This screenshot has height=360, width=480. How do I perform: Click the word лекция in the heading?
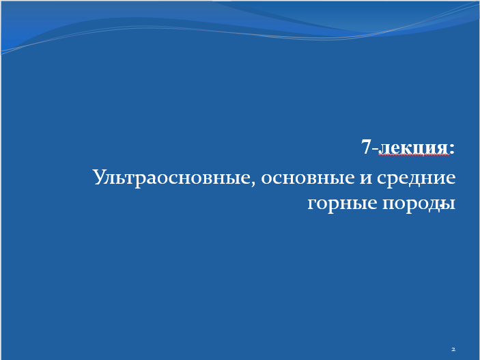click(x=414, y=148)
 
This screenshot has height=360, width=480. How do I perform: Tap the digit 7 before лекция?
click(x=367, y=146)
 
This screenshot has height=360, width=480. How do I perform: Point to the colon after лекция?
click(x=452, y=149)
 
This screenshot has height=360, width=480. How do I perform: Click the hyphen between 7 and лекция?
click(x=376, y=149)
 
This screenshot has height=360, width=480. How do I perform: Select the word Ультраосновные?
click(x=172, y=177)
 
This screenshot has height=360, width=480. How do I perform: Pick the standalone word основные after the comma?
click(x=308, y=178)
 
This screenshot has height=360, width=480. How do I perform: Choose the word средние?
click(x=417, y=178)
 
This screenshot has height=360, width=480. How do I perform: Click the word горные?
click(x=342, y=204)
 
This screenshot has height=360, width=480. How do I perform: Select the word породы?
click(x=419, y=204)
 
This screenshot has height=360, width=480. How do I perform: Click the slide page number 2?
click(x=453, y=349)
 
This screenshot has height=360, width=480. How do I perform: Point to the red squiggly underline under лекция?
click(x=414, y=155)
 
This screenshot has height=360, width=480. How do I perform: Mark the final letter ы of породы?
click(x=449, y=204)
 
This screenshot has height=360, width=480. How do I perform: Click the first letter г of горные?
click(x=311, y=204)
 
